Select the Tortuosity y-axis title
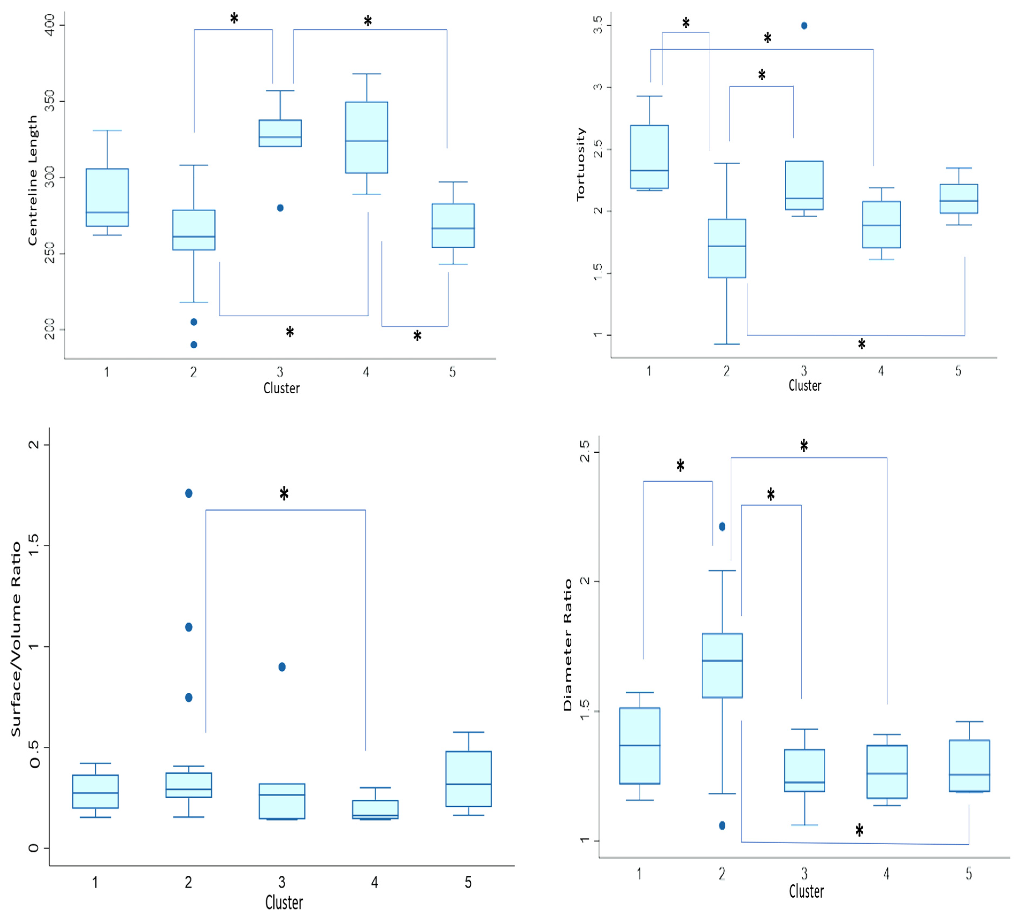[x=581, y=164]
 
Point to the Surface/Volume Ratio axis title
[x=16, y=639]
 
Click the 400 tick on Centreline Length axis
[x=49, y=24]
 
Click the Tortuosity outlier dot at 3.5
[x=804, y=26]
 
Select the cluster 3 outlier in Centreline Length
[x=280, y=208]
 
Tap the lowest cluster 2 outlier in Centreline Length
[x=194, y=345]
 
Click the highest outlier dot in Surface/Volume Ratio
[x=189, y=493]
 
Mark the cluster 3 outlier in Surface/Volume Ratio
[x=282, y=667]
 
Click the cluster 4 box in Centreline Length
[x=367, y=137]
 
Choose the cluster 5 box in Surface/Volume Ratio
[x=469, y=779]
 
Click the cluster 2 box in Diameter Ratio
[x=722, y=666]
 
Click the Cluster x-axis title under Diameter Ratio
[x=806, y=891]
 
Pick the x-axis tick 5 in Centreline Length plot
[x=453, y=372]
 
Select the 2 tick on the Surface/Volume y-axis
[x=33, y=444]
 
